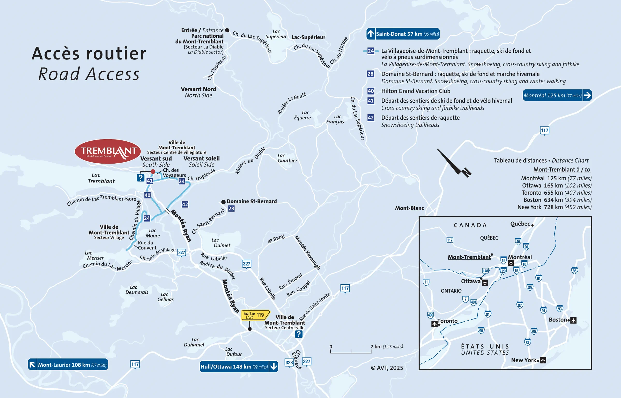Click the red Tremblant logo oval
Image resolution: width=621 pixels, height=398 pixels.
[x=108, y=151]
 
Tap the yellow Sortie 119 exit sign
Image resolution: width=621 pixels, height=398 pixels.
[x=255, y=315]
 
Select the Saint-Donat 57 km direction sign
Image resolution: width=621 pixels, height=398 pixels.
[x=403, y=34]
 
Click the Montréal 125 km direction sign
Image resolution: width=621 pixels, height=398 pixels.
[x=557, y=95]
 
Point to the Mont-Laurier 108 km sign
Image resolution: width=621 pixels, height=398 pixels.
[x=68, y=365]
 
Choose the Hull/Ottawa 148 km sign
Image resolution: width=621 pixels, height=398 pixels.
[x=239, y=366]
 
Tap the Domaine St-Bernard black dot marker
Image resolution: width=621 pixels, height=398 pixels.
[x=223, y=202]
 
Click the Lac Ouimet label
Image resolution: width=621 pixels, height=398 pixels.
[x=221, y=243]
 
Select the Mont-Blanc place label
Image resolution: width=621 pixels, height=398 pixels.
[x=409, y=208]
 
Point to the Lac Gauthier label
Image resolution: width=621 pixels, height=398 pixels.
[x=287, y=158]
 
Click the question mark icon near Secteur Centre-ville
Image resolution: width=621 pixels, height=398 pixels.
[x=299, y=334]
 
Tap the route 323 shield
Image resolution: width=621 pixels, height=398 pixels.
[x=289, y=362]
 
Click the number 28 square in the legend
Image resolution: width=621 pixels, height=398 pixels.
[x=371, y=74]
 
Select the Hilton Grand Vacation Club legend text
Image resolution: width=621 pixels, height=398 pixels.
[x=416, y=91]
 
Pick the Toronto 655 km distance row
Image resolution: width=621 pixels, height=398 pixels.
[x=556, y=193]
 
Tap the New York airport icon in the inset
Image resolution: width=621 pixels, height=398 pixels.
[x=543, y=360]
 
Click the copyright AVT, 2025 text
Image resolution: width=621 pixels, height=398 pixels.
[x=387, y=368]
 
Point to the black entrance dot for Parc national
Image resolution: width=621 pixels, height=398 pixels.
[x=227, y=30]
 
